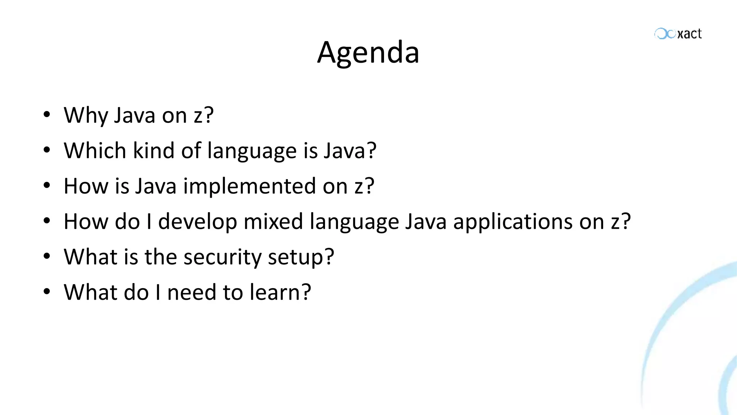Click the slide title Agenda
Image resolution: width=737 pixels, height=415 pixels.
pyautogui.click(x=368, y=53)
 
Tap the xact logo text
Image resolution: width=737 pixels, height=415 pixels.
pyautogui.click(x=689, y=34)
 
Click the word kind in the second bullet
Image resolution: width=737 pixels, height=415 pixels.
pyautogui.click(x=154, y=151)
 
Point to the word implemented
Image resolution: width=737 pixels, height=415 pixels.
pyautogui.click(x=249, y=186)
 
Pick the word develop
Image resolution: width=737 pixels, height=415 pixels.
pyautogui.click(x=197, y=222)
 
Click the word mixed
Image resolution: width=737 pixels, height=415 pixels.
pyautogui.click(x=273, y=222)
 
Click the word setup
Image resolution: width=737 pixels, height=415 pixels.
pyautogui.click(x=300, y=257)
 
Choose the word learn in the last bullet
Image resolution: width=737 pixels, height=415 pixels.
pyautogui.click(x=280, y=292)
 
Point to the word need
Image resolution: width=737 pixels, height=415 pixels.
pyautogui.click(x=191, y=292)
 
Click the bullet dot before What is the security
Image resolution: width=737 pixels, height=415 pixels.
pyautogui.click(x=46, y=256)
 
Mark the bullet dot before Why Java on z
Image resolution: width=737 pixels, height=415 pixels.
pyautogui.click(x=46, y=115)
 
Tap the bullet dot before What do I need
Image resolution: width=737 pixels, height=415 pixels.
pyautogui.click(x=46, y=291)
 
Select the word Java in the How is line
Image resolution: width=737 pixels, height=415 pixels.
pyautogui.click(x=156, y=186)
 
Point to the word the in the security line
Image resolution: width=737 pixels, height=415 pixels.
pyautogui.click(x=160, y=256)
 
